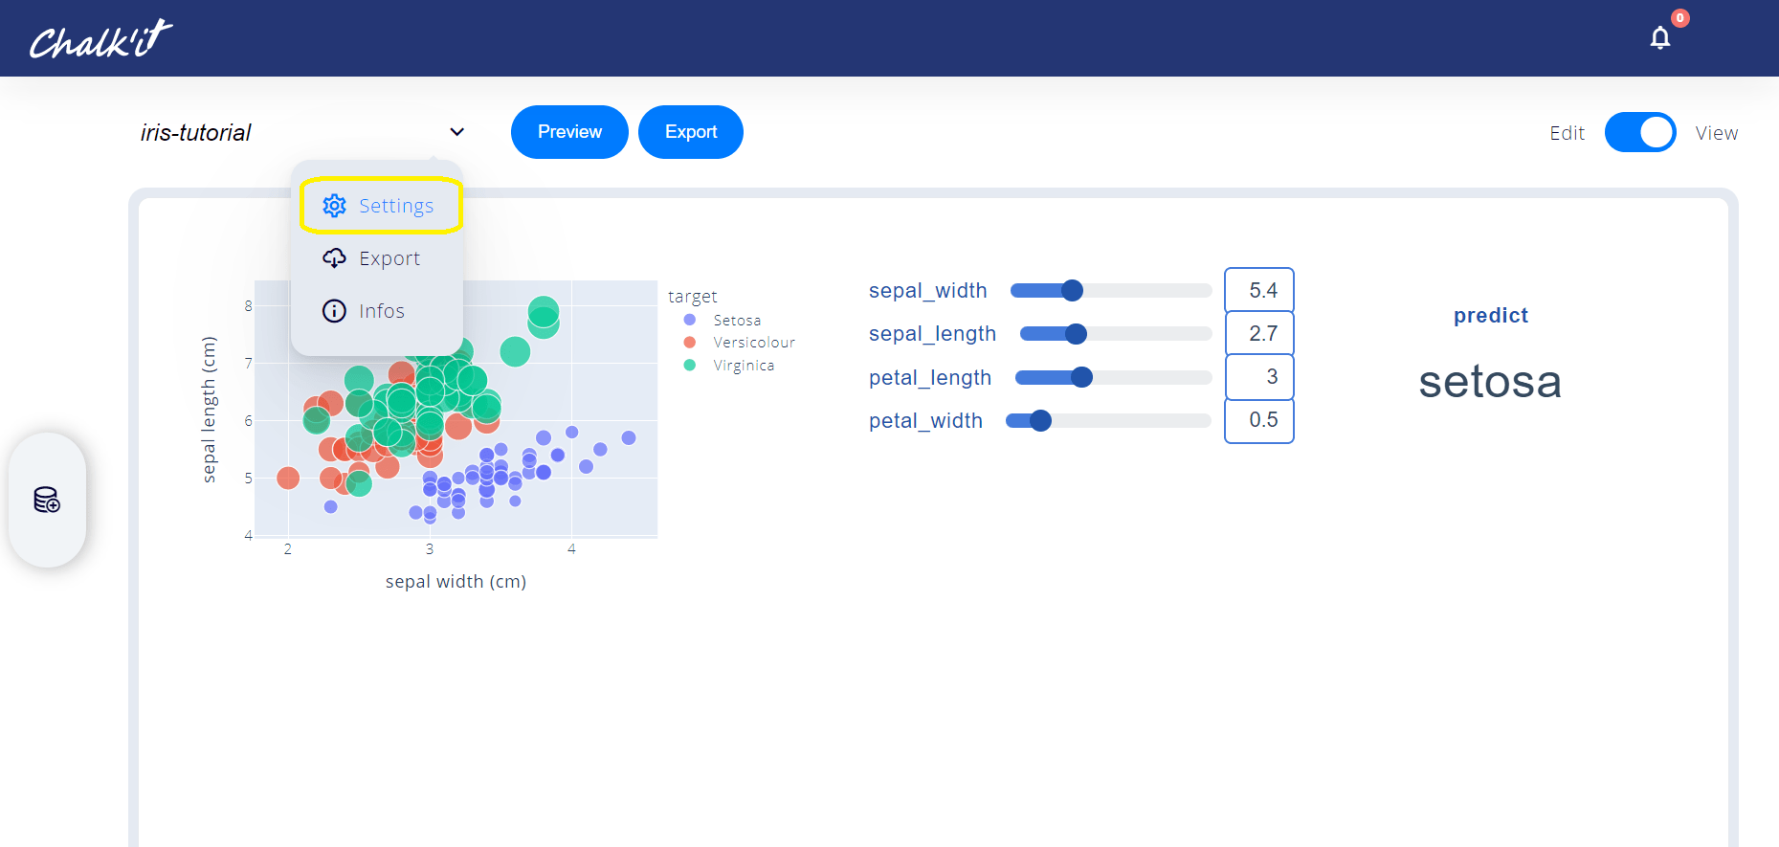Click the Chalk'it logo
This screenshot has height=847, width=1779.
(100, 39)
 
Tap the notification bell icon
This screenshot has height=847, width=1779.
(1660, 37)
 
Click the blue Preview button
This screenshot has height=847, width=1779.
(569, 132)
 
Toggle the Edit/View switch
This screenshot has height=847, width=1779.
(1640, 132)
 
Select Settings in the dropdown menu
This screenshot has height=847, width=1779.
(381, 205)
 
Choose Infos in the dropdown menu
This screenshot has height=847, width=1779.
(364, 311)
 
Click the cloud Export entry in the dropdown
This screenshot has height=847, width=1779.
(371, 258)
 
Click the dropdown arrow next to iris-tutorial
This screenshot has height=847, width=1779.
(457, 132)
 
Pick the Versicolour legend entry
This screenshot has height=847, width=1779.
(740, 343)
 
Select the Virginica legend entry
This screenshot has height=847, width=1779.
(729, 366)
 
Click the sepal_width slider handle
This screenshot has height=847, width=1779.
(1073, 290)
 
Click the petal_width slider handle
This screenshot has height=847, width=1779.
(1041, 420)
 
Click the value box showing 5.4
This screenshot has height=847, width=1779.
(1259, 290)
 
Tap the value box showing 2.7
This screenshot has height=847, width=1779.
(1259, 333)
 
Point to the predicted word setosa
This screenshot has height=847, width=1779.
(1490, 382)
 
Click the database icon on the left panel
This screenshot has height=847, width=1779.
(47, 500)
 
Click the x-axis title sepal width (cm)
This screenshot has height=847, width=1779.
(456, 581)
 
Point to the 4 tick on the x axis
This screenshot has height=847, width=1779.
(571, 549)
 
